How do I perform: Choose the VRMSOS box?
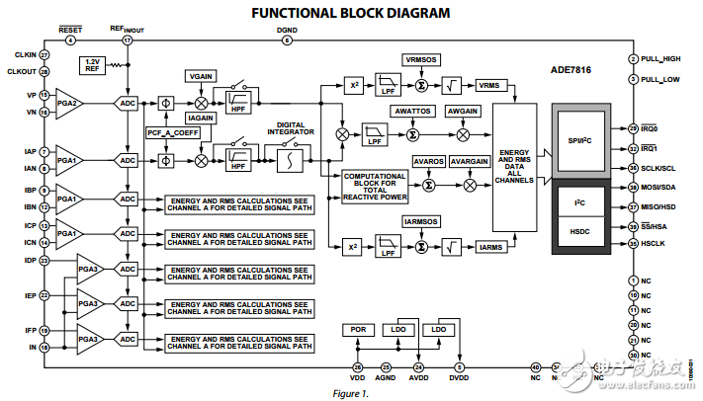(x=422, y=60)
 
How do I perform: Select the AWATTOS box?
(x=412, y=112)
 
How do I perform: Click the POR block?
(x=356, y=329)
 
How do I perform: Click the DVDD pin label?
(x=459, y=376)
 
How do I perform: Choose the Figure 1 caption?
(x=350, y=393)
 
